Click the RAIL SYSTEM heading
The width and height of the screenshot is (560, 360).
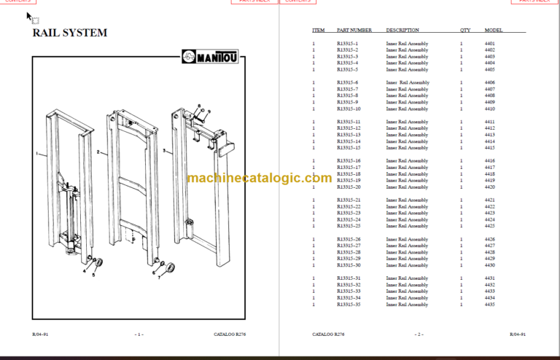pos(70,33)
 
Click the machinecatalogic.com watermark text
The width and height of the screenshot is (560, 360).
pos(259,178)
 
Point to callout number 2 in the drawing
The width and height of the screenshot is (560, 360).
pos(97,152)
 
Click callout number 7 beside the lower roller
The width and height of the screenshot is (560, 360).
pos(160,278)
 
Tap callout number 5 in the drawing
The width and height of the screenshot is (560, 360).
pos(93,275)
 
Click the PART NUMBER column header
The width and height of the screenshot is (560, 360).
pos(354,31)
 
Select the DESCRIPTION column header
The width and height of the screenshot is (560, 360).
pos(402,31)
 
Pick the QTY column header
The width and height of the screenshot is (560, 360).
pos(465,31)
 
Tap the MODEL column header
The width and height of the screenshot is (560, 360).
pos(494,31)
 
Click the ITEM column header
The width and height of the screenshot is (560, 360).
pos(318,31)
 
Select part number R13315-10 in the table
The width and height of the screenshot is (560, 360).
pos(349,109)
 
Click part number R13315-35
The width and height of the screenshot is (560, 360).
pos(349,305)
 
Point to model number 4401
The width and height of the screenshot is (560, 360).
pos(489,44)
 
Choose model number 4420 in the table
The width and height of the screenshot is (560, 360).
pos(489,187)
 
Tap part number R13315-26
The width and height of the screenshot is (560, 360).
pos(349,239)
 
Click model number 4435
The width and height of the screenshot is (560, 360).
pos(489,305)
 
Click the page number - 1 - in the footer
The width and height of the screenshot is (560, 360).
pos(139,334)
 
